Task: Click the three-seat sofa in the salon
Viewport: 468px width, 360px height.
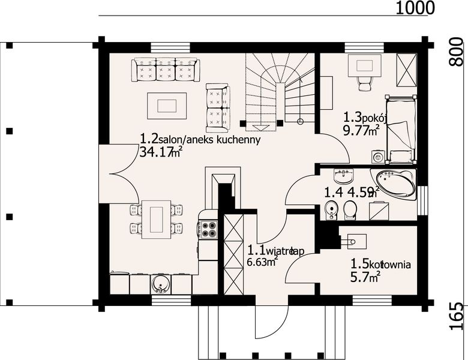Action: coord(166,70)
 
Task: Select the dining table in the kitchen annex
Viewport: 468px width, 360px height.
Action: coord(156,219)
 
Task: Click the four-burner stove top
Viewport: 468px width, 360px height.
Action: coord(208,228)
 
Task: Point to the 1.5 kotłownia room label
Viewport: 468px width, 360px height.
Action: coord(380,263)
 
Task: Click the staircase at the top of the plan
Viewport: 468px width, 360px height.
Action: coord(279,90)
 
